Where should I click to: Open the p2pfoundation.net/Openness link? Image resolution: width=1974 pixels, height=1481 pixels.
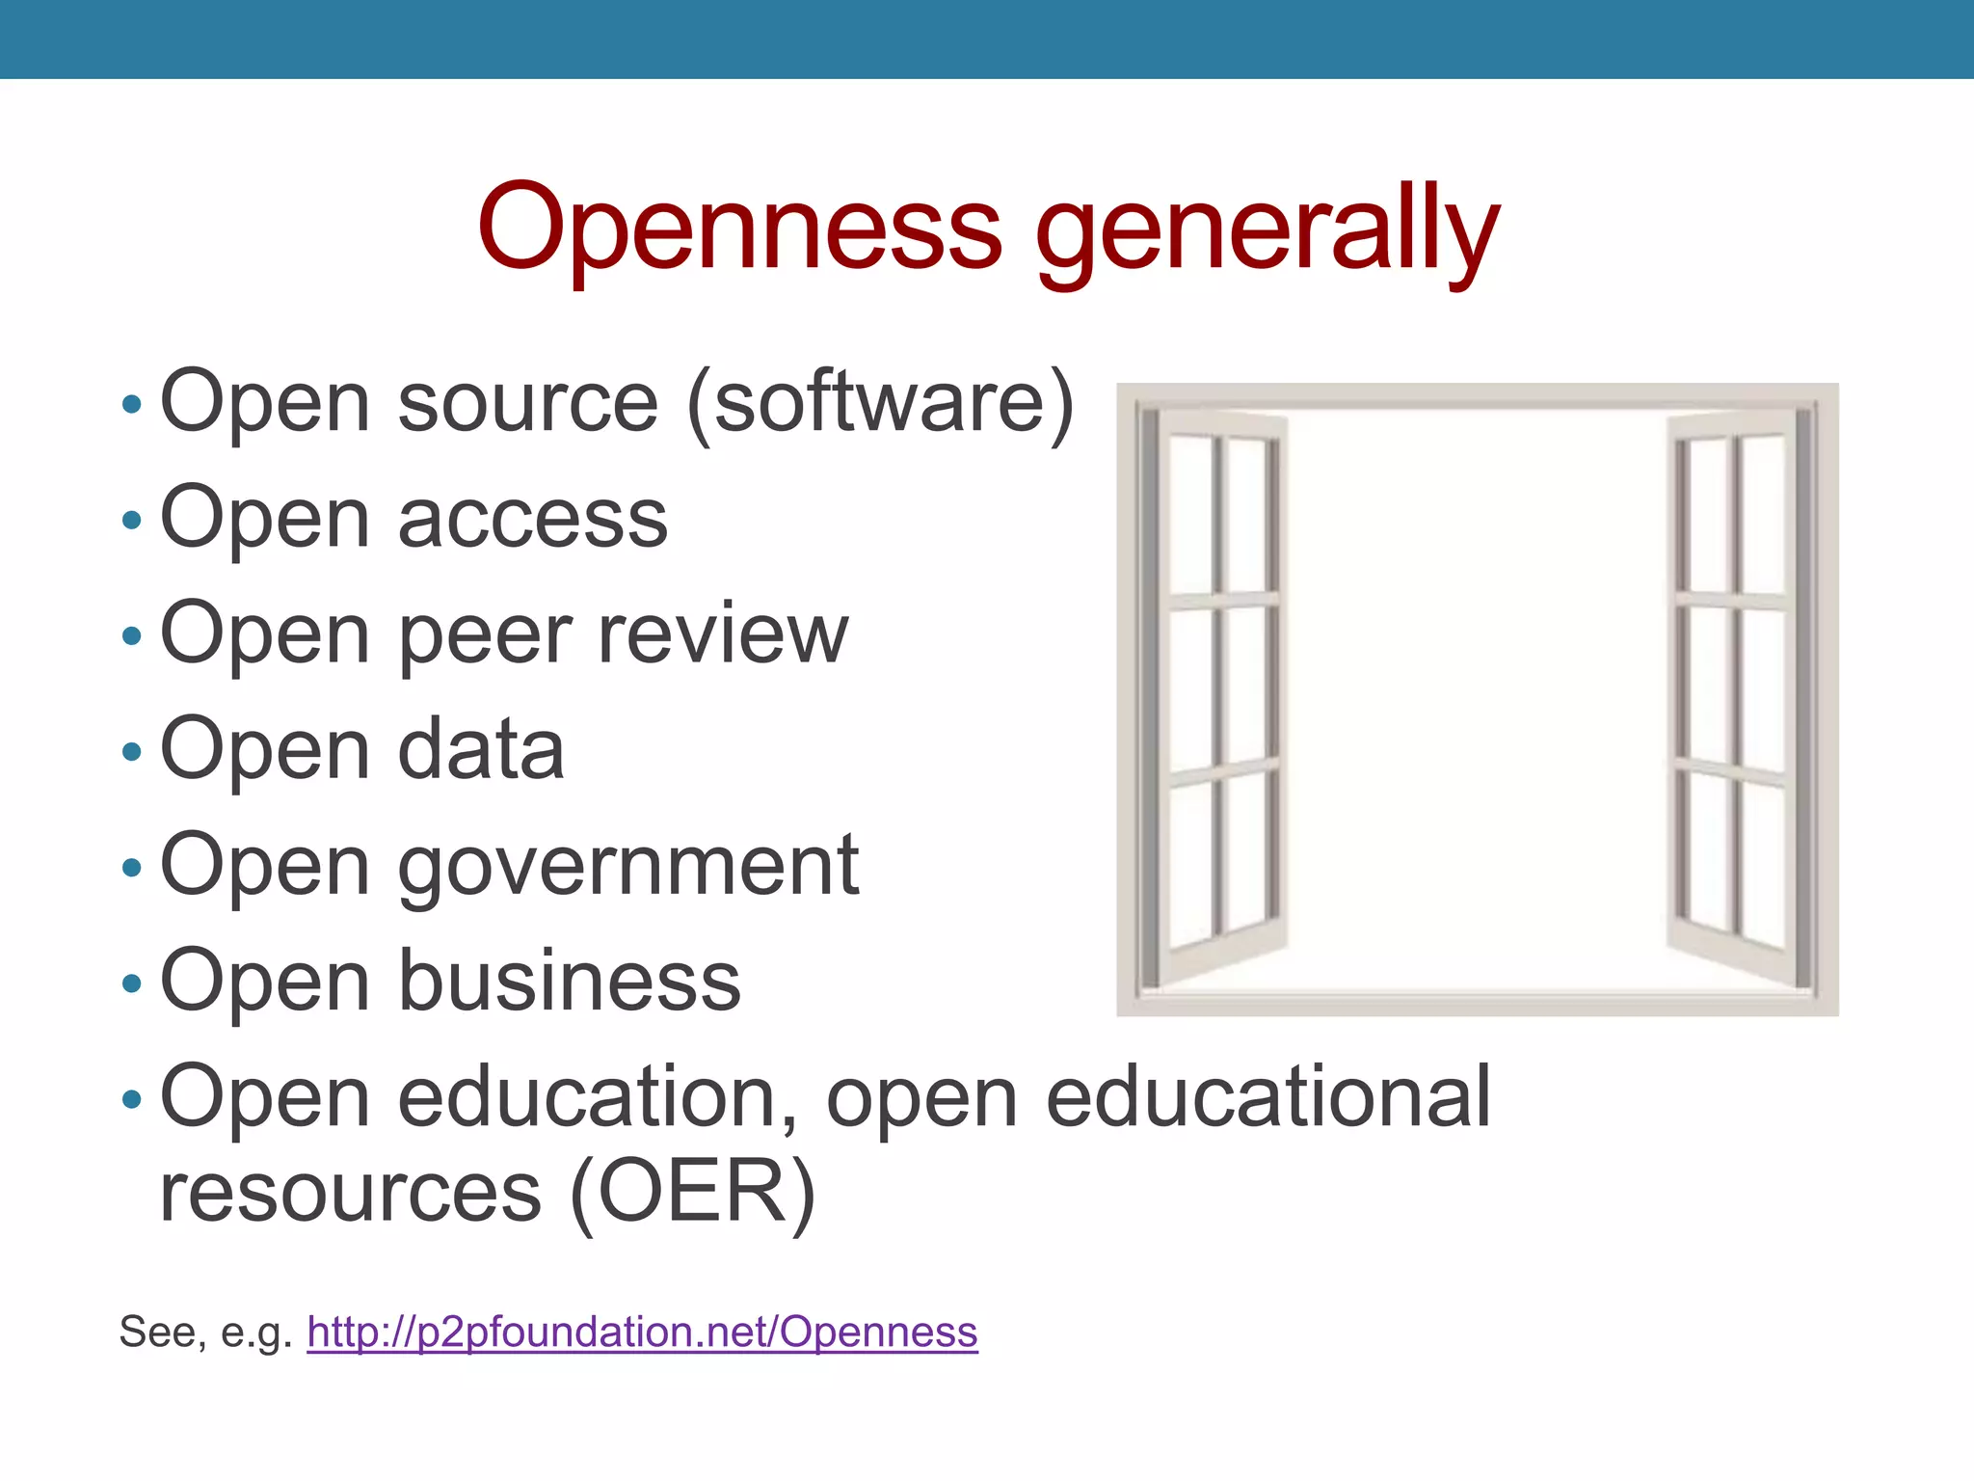click(642, 1333)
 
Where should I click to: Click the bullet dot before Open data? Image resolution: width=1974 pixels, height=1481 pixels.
click(132, 751)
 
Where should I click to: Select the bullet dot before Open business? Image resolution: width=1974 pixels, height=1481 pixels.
click(132, 983)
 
